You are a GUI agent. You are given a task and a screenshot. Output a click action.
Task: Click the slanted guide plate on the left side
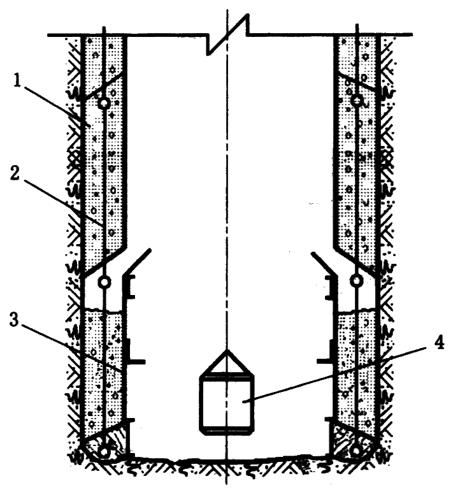(x=136, y=261)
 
